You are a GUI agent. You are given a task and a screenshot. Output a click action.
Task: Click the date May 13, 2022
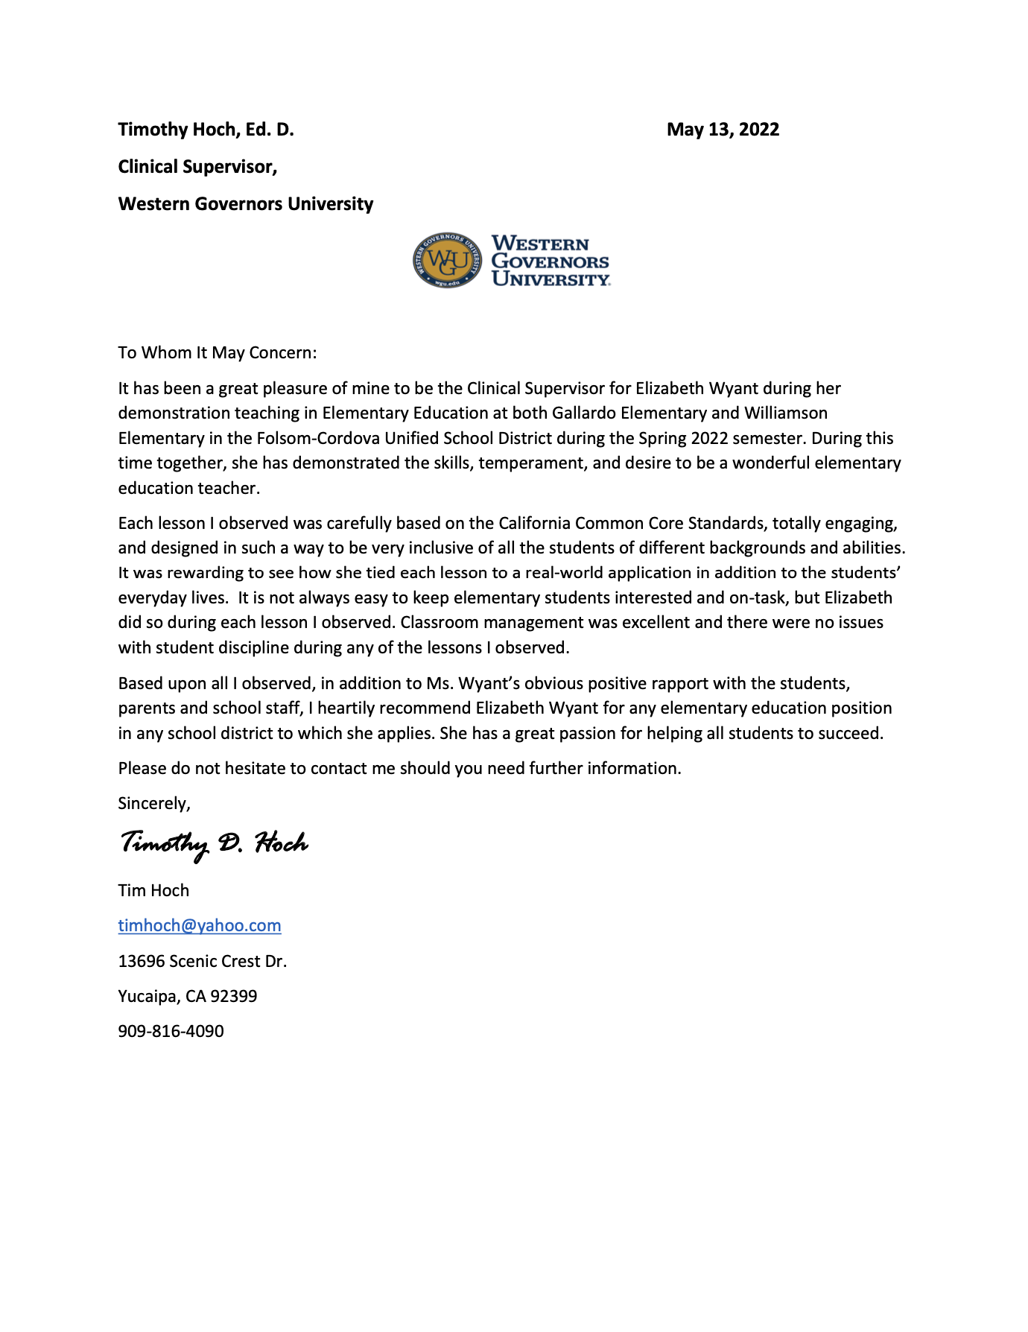pyautogui.click(x=723, y=130)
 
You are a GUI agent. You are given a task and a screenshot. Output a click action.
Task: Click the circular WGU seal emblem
pyautogui.click(x=448, y=260)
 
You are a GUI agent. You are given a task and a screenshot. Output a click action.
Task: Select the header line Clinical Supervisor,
pyautogui.click(x=197, y=167)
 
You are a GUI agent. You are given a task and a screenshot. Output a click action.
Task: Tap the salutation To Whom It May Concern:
pyautogui.click(x=217, y=352)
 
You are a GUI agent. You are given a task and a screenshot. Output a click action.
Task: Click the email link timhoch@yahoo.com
pyautogui.click(x=200, y=925)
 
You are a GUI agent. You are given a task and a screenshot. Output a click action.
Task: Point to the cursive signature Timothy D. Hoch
pyautogui.click(x=214, y=844)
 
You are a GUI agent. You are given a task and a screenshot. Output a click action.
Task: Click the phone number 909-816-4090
pyautogui.click(x=171, y=1031)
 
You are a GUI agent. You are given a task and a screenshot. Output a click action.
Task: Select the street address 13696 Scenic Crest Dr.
pyautogui.click(x=202, y=961)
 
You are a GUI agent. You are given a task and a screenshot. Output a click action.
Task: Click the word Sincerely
pyautogui.click(x=153, y=803)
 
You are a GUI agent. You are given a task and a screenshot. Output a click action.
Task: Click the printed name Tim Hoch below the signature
pyautogui.click(x=153, y=890)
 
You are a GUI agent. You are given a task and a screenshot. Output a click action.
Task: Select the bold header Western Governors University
pyautogui.click(x=246, y=204)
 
